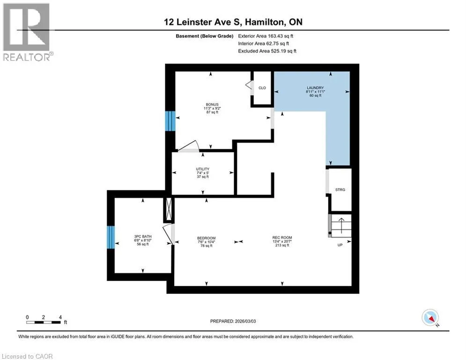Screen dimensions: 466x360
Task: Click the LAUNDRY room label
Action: coord(315,88)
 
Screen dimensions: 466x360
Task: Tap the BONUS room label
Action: coord(212,105)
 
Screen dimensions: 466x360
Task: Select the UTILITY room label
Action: coord(203,169)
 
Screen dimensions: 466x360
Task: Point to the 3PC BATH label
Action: coord(143,237)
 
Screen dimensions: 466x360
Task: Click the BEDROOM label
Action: coord(206,238)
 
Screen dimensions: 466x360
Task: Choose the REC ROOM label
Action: coord(282,237)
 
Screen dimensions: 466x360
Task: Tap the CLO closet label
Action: coord(262,88)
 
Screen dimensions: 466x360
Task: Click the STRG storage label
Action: coord(340,189)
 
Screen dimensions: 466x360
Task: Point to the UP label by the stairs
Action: coord(340,245)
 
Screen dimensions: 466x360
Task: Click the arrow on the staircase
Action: coord(341,225)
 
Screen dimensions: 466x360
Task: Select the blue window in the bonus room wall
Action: coord(170,121)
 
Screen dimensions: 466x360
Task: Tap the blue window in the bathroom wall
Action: coord(111,237)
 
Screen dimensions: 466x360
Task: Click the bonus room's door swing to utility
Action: coord(188,146)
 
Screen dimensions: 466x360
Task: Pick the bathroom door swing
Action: coord(169,234)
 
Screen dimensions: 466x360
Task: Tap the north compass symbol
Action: coord(430,317)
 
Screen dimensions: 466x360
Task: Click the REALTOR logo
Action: coord(27,32)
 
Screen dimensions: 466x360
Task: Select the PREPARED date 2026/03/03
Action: coord(233,321)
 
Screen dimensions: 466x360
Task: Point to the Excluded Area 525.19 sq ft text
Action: coord(267,51)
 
